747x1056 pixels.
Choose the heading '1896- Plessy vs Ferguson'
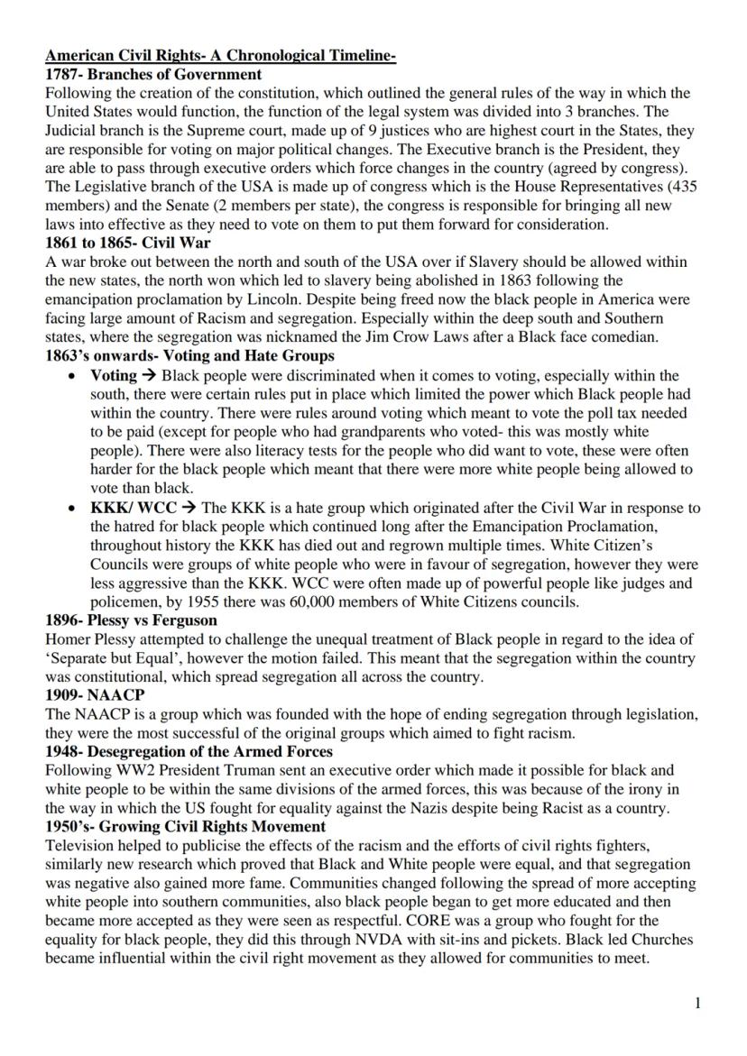click(133, 620)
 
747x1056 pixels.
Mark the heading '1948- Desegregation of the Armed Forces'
click(189, 751)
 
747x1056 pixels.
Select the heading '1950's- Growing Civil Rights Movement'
click(185, 826)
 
